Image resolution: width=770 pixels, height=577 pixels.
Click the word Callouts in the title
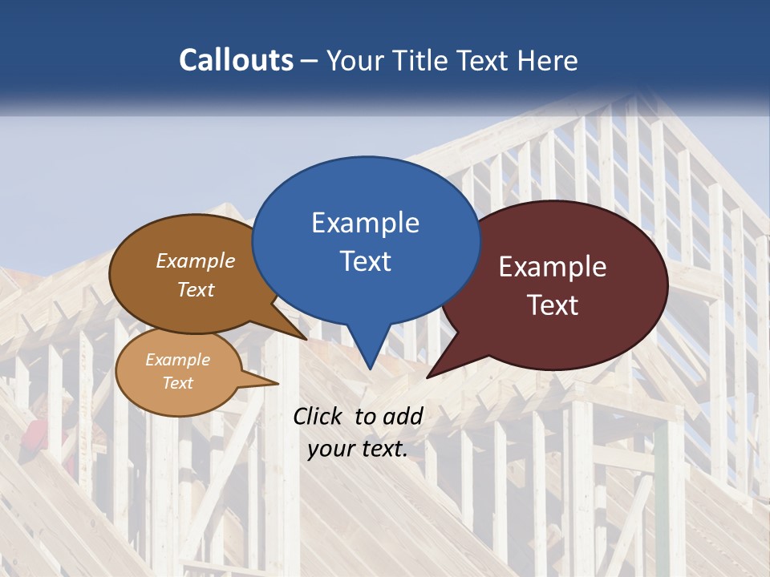pos(237,60)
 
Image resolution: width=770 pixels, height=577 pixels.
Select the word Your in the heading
pos(354,60)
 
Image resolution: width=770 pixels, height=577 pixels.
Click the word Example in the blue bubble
pos(365,223)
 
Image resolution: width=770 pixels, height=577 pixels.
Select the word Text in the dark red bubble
pos(553,305)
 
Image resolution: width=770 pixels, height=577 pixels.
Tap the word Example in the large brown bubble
pos(196,260)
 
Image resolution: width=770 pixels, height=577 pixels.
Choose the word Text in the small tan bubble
pos(178,383)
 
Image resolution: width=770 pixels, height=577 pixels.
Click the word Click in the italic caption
pos(318,416)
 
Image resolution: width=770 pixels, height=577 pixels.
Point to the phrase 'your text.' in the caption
pos(358,449)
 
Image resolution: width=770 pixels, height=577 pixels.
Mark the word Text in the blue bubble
pos(366,261)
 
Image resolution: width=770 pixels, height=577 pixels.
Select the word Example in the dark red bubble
pos(553,267)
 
